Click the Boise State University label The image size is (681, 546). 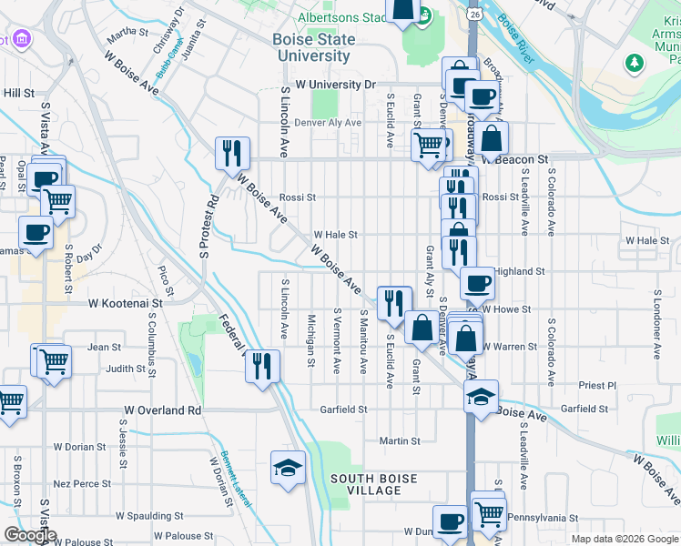[x=312, y=48]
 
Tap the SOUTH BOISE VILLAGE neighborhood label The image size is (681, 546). [x=365, y=484]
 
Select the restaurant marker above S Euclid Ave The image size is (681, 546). [x=393, y=301]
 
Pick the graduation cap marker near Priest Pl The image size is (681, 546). [x=481, y=395]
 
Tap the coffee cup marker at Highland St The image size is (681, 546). [x=477, y=283]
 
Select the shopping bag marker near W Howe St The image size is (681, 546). [x=422, y=327]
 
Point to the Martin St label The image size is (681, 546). [x=400, y=441]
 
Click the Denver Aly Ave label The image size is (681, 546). [x=328, y=123]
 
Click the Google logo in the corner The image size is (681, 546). [x=30, y=535]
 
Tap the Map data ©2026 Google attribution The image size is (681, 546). [x=624, y=539]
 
